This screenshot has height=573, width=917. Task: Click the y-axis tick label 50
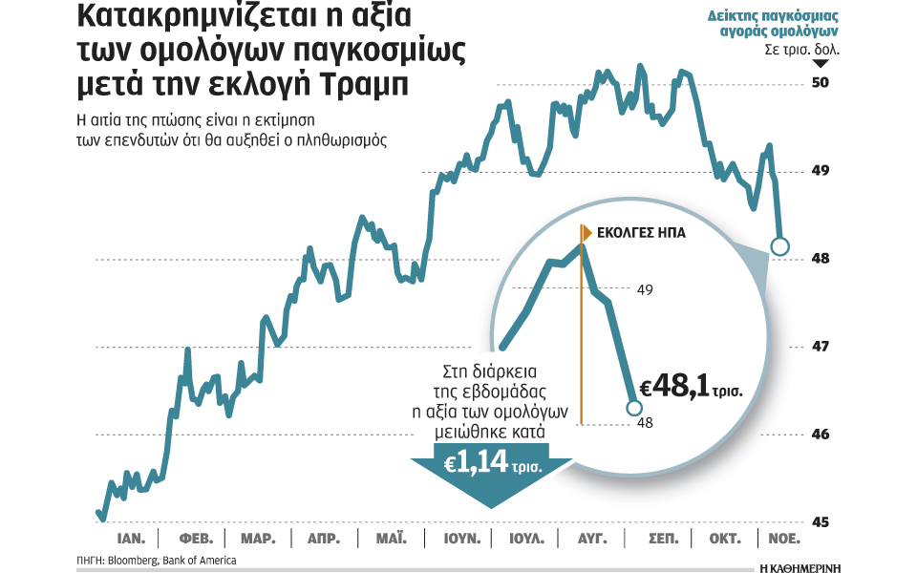coord(819,83)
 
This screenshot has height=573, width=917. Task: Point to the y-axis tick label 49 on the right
coord(819,171)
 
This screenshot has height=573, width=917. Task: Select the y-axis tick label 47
coord(819,347)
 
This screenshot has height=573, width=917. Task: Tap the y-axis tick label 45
coord(819,522)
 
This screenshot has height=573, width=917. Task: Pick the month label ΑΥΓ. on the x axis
coord(592,539)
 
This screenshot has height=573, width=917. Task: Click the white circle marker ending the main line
coord(778,247)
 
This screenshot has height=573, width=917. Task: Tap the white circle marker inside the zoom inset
coord(633,408)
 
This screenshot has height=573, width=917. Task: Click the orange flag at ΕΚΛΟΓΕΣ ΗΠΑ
coord(587,231)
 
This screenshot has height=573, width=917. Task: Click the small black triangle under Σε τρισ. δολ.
coord(819,63)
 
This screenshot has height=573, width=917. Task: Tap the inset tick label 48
coord(646,423)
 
